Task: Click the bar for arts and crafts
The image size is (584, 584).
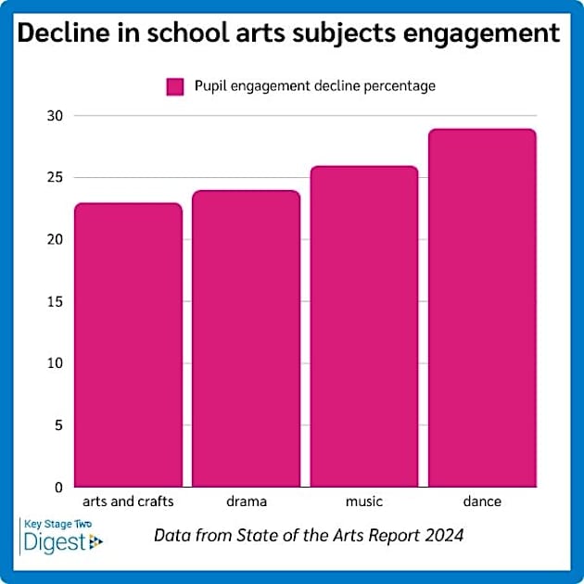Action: click(128, 345)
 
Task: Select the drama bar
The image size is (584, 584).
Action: click(246, 338)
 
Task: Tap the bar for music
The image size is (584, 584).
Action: click(363, 326)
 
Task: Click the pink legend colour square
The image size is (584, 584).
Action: click(176, 86)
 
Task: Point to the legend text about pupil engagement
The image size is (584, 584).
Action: click(314, 86)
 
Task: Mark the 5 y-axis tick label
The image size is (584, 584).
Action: click(57, 425)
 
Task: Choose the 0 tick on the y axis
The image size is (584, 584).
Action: click(57, 487)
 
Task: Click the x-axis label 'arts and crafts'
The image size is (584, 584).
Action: click(128, 502)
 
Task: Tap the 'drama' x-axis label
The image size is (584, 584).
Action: click(246, 502)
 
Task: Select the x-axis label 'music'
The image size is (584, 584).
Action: click(363, 502)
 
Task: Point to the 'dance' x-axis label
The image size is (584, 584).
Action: click(481, 502)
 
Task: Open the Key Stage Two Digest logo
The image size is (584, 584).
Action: click(62, 535)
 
